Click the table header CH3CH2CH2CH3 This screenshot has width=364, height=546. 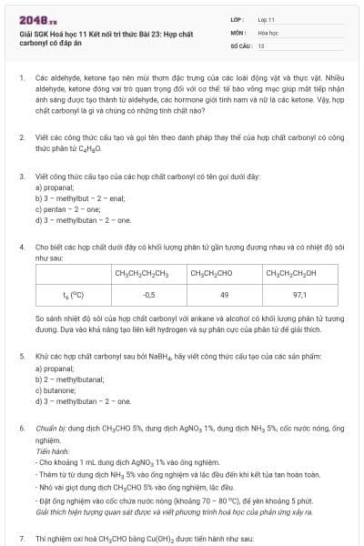click(x=149, y=273)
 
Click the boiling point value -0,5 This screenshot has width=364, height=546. click(x=149, y=295)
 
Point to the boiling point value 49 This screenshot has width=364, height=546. click(x=225, y=295)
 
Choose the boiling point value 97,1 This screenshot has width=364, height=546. click(x=299, y=295)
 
